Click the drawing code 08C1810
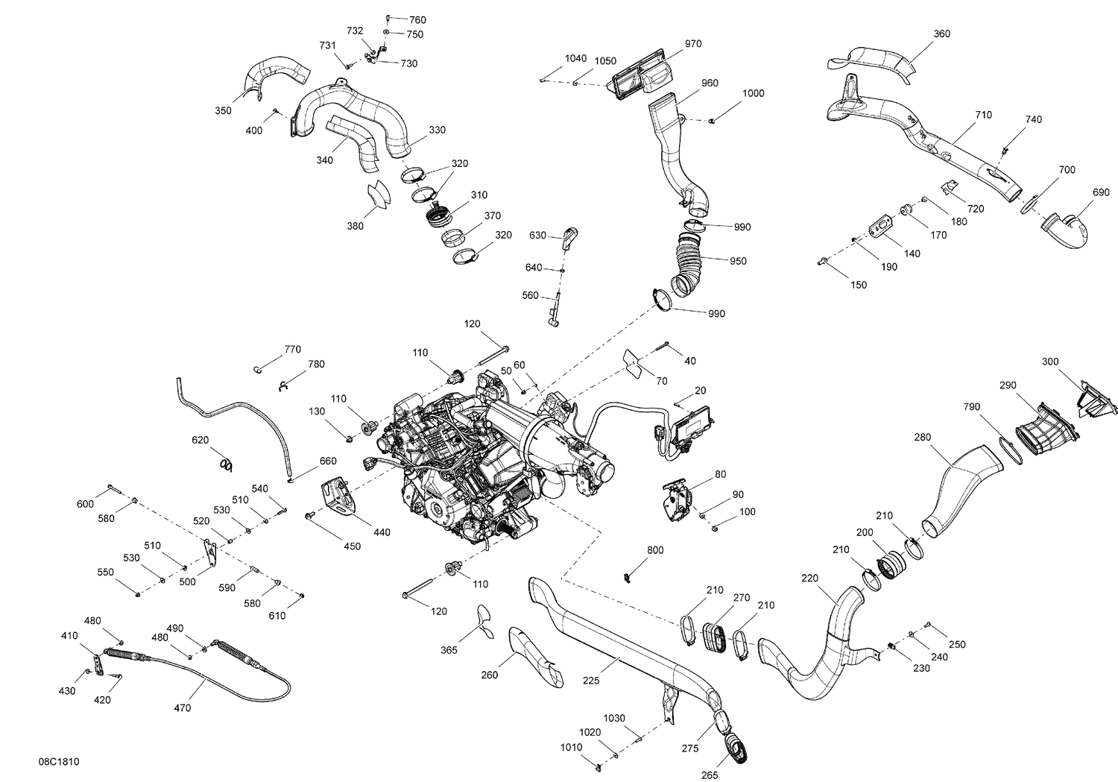[x=59, y=762]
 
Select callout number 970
[x=692, y=44]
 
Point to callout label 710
[x=982, y=115]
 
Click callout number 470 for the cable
[x=182, y=707]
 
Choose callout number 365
[x=449, y=650]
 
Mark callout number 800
[x=654, y=550]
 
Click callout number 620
[x=200, y=441]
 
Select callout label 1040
[x=575, y=58]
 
